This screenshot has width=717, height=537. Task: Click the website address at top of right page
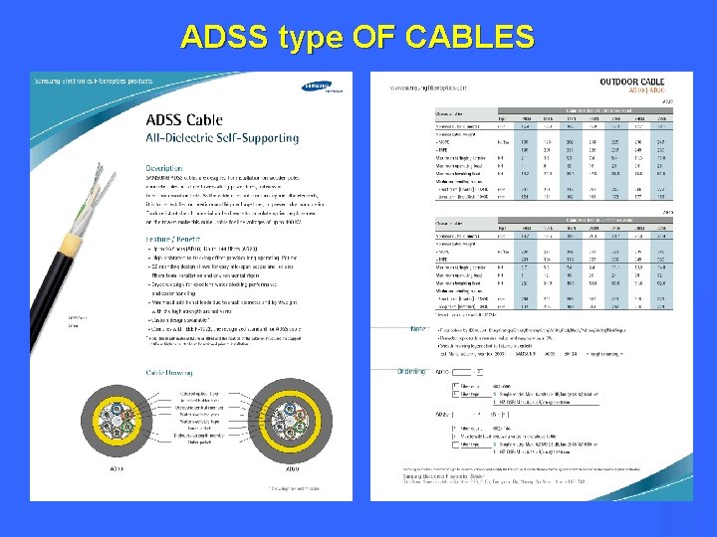(x=439, y=87)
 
